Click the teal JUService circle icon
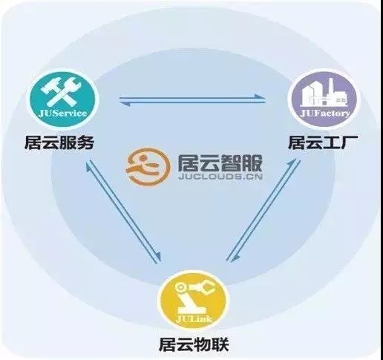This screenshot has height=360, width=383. click(x=62, y=99)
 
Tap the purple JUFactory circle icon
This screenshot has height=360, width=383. click(x=324, y=99)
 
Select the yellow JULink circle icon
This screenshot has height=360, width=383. click(x=194, y=301)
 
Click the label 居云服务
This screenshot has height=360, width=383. click(x=59, y=143)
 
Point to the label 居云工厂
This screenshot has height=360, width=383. click(x=322, y=143)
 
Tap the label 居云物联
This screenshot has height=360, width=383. click(x=194, y=344)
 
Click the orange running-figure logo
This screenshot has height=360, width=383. click(x=148, y=166)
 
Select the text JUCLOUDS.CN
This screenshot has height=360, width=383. click(x=220, y=177)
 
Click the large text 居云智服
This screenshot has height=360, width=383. click(x=220, y=163)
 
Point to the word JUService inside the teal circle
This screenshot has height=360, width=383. click(x=62, y=114)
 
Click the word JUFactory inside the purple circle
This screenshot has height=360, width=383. click(x=325, y=113)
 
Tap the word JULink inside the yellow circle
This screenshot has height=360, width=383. click(x=194, y=319)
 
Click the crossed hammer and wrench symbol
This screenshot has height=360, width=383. click(x=62, y=91)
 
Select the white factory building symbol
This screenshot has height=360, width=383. click(x=324, y=94)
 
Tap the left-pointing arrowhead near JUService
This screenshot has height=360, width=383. click(x=125, y=103)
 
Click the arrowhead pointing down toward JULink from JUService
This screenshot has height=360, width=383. click(x=157, y=257)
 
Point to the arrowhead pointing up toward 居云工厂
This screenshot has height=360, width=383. click(x=292, y=163)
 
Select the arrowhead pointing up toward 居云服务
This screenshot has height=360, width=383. click(x=88, y=166)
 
